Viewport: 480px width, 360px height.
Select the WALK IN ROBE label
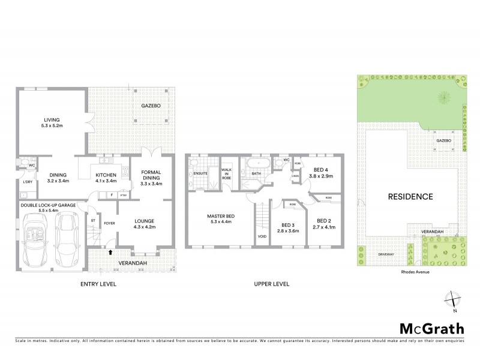[x=227, y=174]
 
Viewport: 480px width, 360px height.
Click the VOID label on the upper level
[x=261, y=236]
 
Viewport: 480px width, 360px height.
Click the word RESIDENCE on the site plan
[x=410, y=196]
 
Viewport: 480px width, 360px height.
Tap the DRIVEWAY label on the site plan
[x=386, y=254]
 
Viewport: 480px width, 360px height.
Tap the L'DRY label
[x=27, y=182]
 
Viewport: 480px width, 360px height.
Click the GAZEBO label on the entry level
[x=151, y=106]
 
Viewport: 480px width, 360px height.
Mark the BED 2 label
[x=323, y=220]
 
